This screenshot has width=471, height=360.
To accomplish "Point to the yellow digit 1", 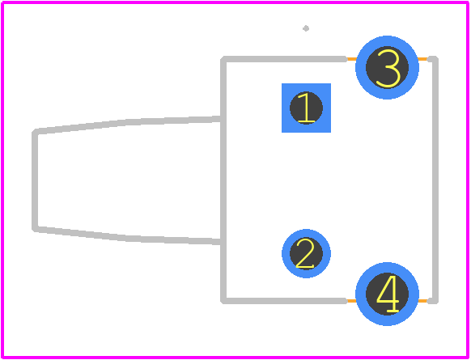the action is pos(306,108).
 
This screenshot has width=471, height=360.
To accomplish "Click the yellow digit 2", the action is pos(305,253).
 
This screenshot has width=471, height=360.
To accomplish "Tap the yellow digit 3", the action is pos(388,68).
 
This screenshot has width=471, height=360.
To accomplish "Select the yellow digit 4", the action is pos(388,294).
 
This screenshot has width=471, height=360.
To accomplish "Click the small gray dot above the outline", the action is pos(306,28).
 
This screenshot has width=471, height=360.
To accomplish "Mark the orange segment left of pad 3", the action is pos(351,59).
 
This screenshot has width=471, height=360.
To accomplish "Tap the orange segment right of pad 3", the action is pos(422,59).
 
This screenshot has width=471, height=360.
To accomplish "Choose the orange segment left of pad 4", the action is pos(351,301).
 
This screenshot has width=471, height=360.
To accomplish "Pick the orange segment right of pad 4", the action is pos(422,301).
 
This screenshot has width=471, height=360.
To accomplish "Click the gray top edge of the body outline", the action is pos(284,59).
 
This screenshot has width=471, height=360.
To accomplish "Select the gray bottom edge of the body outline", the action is pos(284,301).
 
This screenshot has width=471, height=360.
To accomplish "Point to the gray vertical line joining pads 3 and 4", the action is pos(435,180).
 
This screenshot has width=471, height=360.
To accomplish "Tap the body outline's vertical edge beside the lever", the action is pos(223,180).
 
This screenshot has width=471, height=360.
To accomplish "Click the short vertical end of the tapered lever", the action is pos(35,180).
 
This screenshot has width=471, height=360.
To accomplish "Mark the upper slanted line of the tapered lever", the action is pos(128,124).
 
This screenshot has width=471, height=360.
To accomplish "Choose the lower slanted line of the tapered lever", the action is pos(128,236).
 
